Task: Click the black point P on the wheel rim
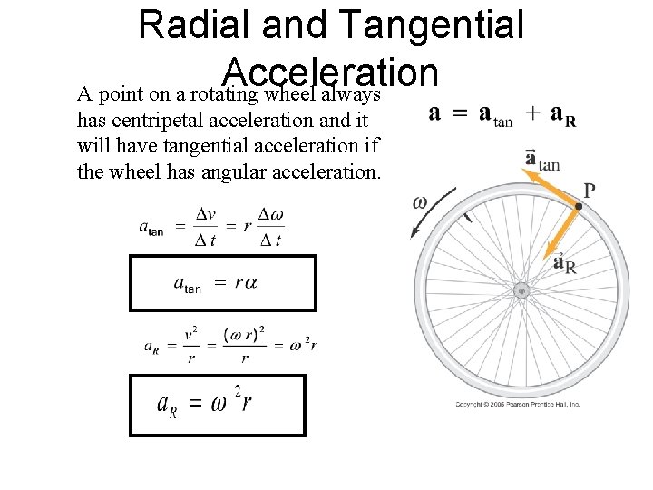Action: pyautogui.click(x=579, y=206)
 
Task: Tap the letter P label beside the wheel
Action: pyautogui.click(x=590, y=191)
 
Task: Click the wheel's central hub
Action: pyautogui.click(x=521, y=291)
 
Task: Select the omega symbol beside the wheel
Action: pyautogui.click(x=421, y=202)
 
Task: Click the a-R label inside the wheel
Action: pyautogui.click(x=563, y=263)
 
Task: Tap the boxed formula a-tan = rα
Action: pyautogui.click(x=223, y=283)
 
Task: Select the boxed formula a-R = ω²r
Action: pyautogui.click(x=218, y=405)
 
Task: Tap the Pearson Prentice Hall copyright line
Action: pyautogui.click(x=517, y=404)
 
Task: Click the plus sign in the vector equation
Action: pyautogui.click(x=531, y=114)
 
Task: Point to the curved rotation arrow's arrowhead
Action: pyautogui.click(x=415, y=233)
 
